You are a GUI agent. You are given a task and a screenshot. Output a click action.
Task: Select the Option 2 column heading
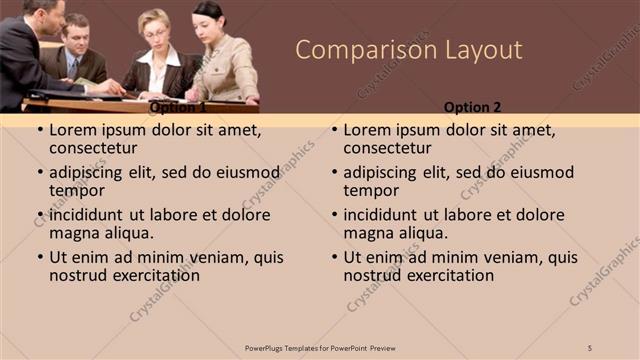click(473, 106)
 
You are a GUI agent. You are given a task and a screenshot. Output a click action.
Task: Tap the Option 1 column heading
click(177, 107)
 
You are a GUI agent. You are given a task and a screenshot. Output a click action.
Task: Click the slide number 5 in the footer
click(590, 347)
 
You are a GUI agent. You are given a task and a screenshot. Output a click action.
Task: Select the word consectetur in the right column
click(387, 149)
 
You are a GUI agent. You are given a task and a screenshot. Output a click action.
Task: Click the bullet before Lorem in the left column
click(39, 130)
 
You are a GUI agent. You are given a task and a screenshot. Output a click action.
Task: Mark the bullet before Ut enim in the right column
click(333, 257)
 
